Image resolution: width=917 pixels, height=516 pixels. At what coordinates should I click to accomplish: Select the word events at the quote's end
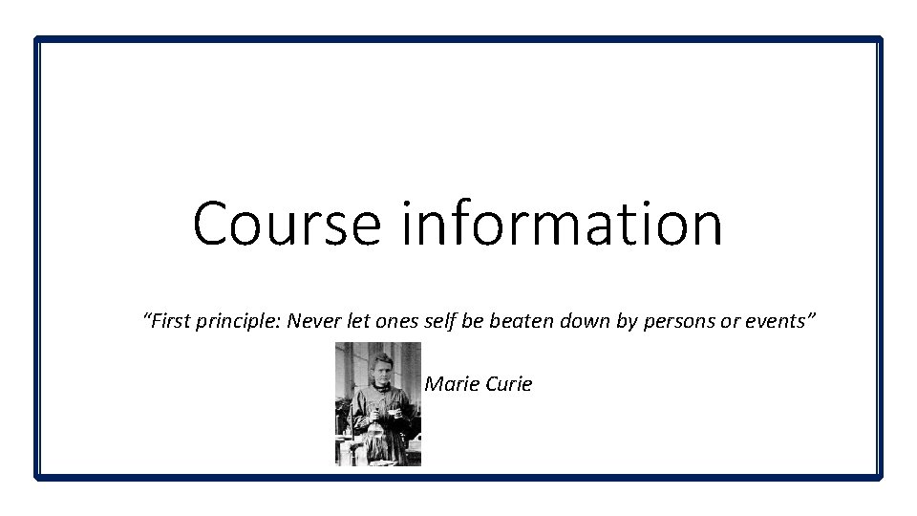(775, 322)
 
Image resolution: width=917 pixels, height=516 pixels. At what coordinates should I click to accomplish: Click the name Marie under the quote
(449, 384)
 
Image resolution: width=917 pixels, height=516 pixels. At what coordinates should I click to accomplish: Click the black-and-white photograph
(377, 404)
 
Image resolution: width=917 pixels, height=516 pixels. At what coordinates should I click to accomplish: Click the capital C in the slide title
(212, 224)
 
